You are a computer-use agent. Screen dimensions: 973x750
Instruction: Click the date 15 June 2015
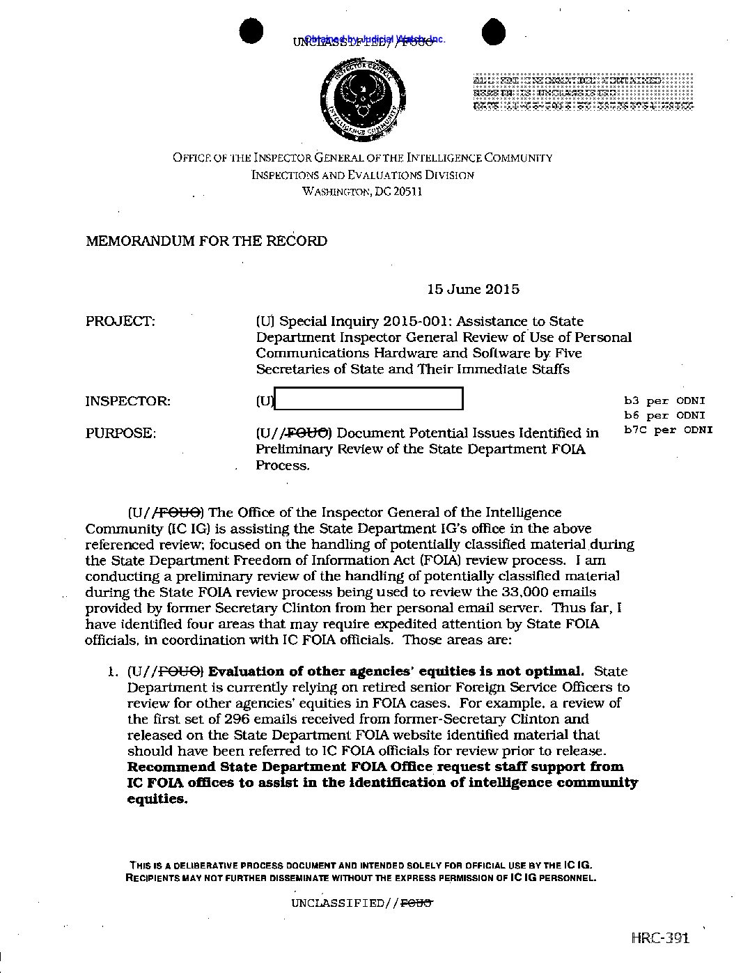point(473,289)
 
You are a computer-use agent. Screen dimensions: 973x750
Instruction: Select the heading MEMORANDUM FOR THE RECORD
point(206,241)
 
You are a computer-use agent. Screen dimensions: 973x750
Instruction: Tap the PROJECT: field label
point(120,321)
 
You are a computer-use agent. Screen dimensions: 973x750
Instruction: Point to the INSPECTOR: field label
point(127,401)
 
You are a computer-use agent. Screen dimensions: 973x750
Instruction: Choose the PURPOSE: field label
point(120,433)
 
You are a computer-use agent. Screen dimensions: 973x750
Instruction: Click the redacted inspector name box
point(368,399)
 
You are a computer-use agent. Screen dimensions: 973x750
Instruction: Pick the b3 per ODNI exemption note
point(664,400)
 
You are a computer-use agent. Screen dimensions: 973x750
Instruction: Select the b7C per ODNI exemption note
point(668,429)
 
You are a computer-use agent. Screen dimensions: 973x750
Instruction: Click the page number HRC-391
point(660,937)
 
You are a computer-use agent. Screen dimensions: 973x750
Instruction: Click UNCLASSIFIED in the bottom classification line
point(337,903)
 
